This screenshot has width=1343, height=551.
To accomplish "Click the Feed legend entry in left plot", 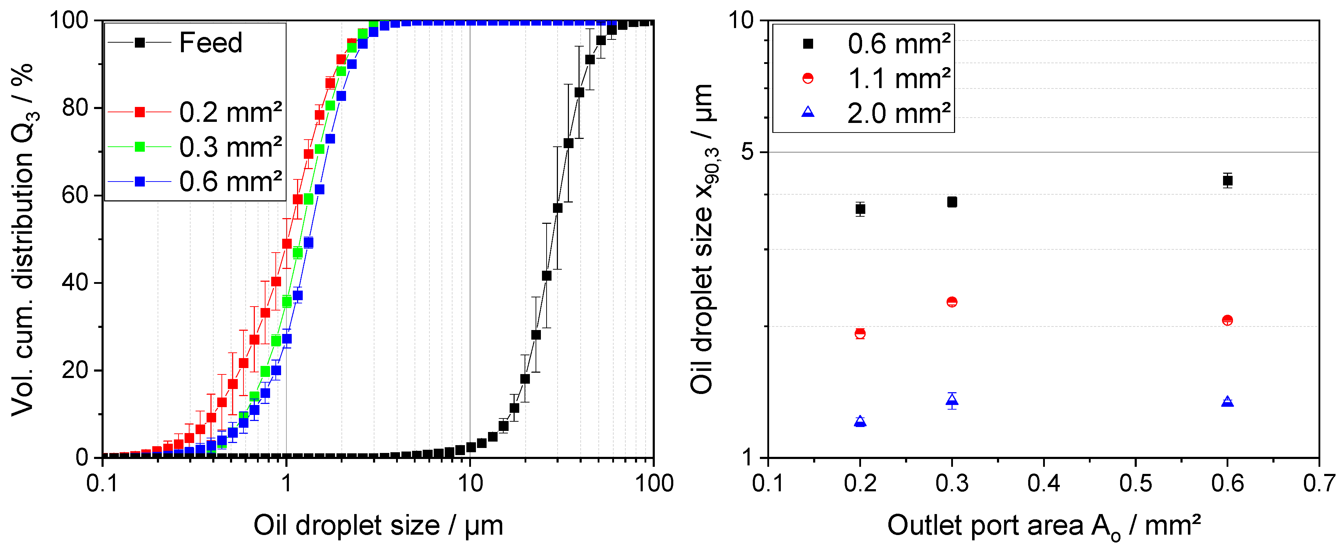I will point(210,42).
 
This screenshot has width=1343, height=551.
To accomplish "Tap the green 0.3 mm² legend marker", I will point(140,147).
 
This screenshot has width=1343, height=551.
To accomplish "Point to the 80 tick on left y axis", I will point(75,108).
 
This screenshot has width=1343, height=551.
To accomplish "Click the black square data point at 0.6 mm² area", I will point(1227,180).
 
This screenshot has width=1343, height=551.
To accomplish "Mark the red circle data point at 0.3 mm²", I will point(952,302).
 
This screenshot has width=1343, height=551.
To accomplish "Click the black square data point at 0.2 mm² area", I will point(860,209).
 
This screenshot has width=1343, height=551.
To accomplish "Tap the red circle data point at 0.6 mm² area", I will point(1227,320).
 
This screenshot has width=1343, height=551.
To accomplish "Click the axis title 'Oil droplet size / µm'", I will point(378,525).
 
